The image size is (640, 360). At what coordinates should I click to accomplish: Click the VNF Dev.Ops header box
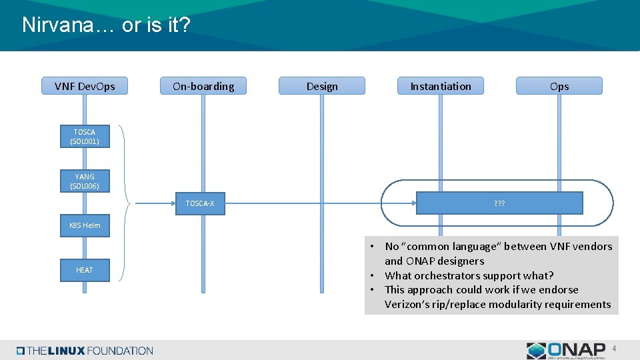[x=85, y=86]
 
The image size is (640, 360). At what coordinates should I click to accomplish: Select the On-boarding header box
[x=203, y=86]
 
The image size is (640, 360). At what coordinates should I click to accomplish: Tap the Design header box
[x=322, y=86]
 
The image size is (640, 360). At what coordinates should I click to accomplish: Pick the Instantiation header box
[x=441, y=86]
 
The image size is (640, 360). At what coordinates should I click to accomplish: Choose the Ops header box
[x=559, y=86]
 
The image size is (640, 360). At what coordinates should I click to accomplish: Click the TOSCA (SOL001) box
[x=85, y=137]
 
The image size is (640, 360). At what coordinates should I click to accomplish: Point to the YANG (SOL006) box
[x=85, y=181]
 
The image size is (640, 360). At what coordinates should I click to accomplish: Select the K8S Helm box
[x=85, y=225]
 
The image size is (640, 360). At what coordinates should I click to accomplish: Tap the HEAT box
[x=85, y=270]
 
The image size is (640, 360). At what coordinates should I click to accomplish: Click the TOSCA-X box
[x=200, y=203]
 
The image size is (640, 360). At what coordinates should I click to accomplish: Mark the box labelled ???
[x=499, y=203]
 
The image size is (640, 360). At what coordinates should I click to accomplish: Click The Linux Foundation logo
[x=85, y=351]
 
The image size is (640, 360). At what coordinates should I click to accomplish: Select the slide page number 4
[x=614, y=348]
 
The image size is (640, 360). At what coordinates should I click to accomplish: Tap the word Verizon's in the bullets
[x=407, y=305]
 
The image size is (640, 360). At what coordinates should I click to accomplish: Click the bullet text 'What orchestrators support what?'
[x=469, y=275]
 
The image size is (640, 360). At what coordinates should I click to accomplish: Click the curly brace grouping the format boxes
[x=127, y=203]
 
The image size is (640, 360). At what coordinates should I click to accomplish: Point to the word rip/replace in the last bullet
[x=460, y=305]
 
